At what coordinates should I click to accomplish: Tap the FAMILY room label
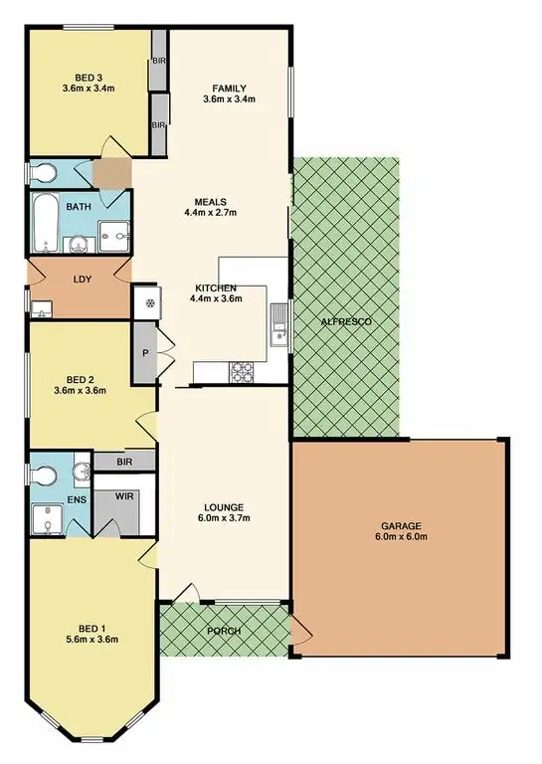[229, 88]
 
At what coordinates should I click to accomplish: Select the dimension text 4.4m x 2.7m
[210, 212]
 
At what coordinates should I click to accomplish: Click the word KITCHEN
[215, 287]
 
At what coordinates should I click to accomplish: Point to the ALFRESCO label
[345, 322]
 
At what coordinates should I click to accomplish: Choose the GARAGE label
[400, 525]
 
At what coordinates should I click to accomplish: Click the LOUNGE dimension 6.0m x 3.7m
[224, 517]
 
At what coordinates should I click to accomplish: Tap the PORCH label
[224, 631]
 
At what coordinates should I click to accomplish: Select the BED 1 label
[90, 628]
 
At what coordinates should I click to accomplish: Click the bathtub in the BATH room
[44, 222]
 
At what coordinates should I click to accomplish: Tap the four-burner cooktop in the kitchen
[243, 372]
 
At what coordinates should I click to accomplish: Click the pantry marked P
[146, 352]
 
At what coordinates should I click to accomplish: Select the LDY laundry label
[82, 280]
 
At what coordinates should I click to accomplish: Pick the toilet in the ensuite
[45, 475]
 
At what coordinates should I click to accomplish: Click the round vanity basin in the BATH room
[77, 243]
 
